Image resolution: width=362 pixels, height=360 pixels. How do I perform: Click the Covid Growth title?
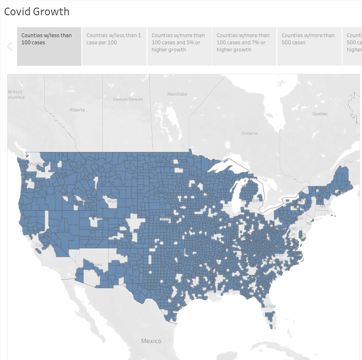coord(37,11)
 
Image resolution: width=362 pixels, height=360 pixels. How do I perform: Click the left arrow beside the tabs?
coord(10,46)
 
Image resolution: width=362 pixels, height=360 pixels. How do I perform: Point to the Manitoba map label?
coord(177,94)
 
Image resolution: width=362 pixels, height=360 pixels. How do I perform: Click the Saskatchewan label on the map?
coord(127,99)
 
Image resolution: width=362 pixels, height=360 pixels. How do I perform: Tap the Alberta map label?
coord(77,110)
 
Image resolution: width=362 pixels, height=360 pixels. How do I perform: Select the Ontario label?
coord(249,133)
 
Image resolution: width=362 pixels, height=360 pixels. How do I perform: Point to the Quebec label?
coord(320,113)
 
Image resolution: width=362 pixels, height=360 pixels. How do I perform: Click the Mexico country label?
coord(151,341)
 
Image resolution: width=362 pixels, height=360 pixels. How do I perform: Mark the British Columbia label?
coord(15,94)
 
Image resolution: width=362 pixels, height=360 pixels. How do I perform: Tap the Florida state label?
coord(269,306)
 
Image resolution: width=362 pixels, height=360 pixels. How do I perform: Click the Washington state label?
coord(36,164)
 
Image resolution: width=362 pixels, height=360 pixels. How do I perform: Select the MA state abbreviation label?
coord(323,206)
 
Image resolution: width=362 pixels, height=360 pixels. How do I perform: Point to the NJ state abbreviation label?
coord(309,223)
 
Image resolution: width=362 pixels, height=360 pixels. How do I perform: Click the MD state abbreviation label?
coord(294,229)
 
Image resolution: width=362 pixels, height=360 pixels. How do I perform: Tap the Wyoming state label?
coord(112,201)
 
